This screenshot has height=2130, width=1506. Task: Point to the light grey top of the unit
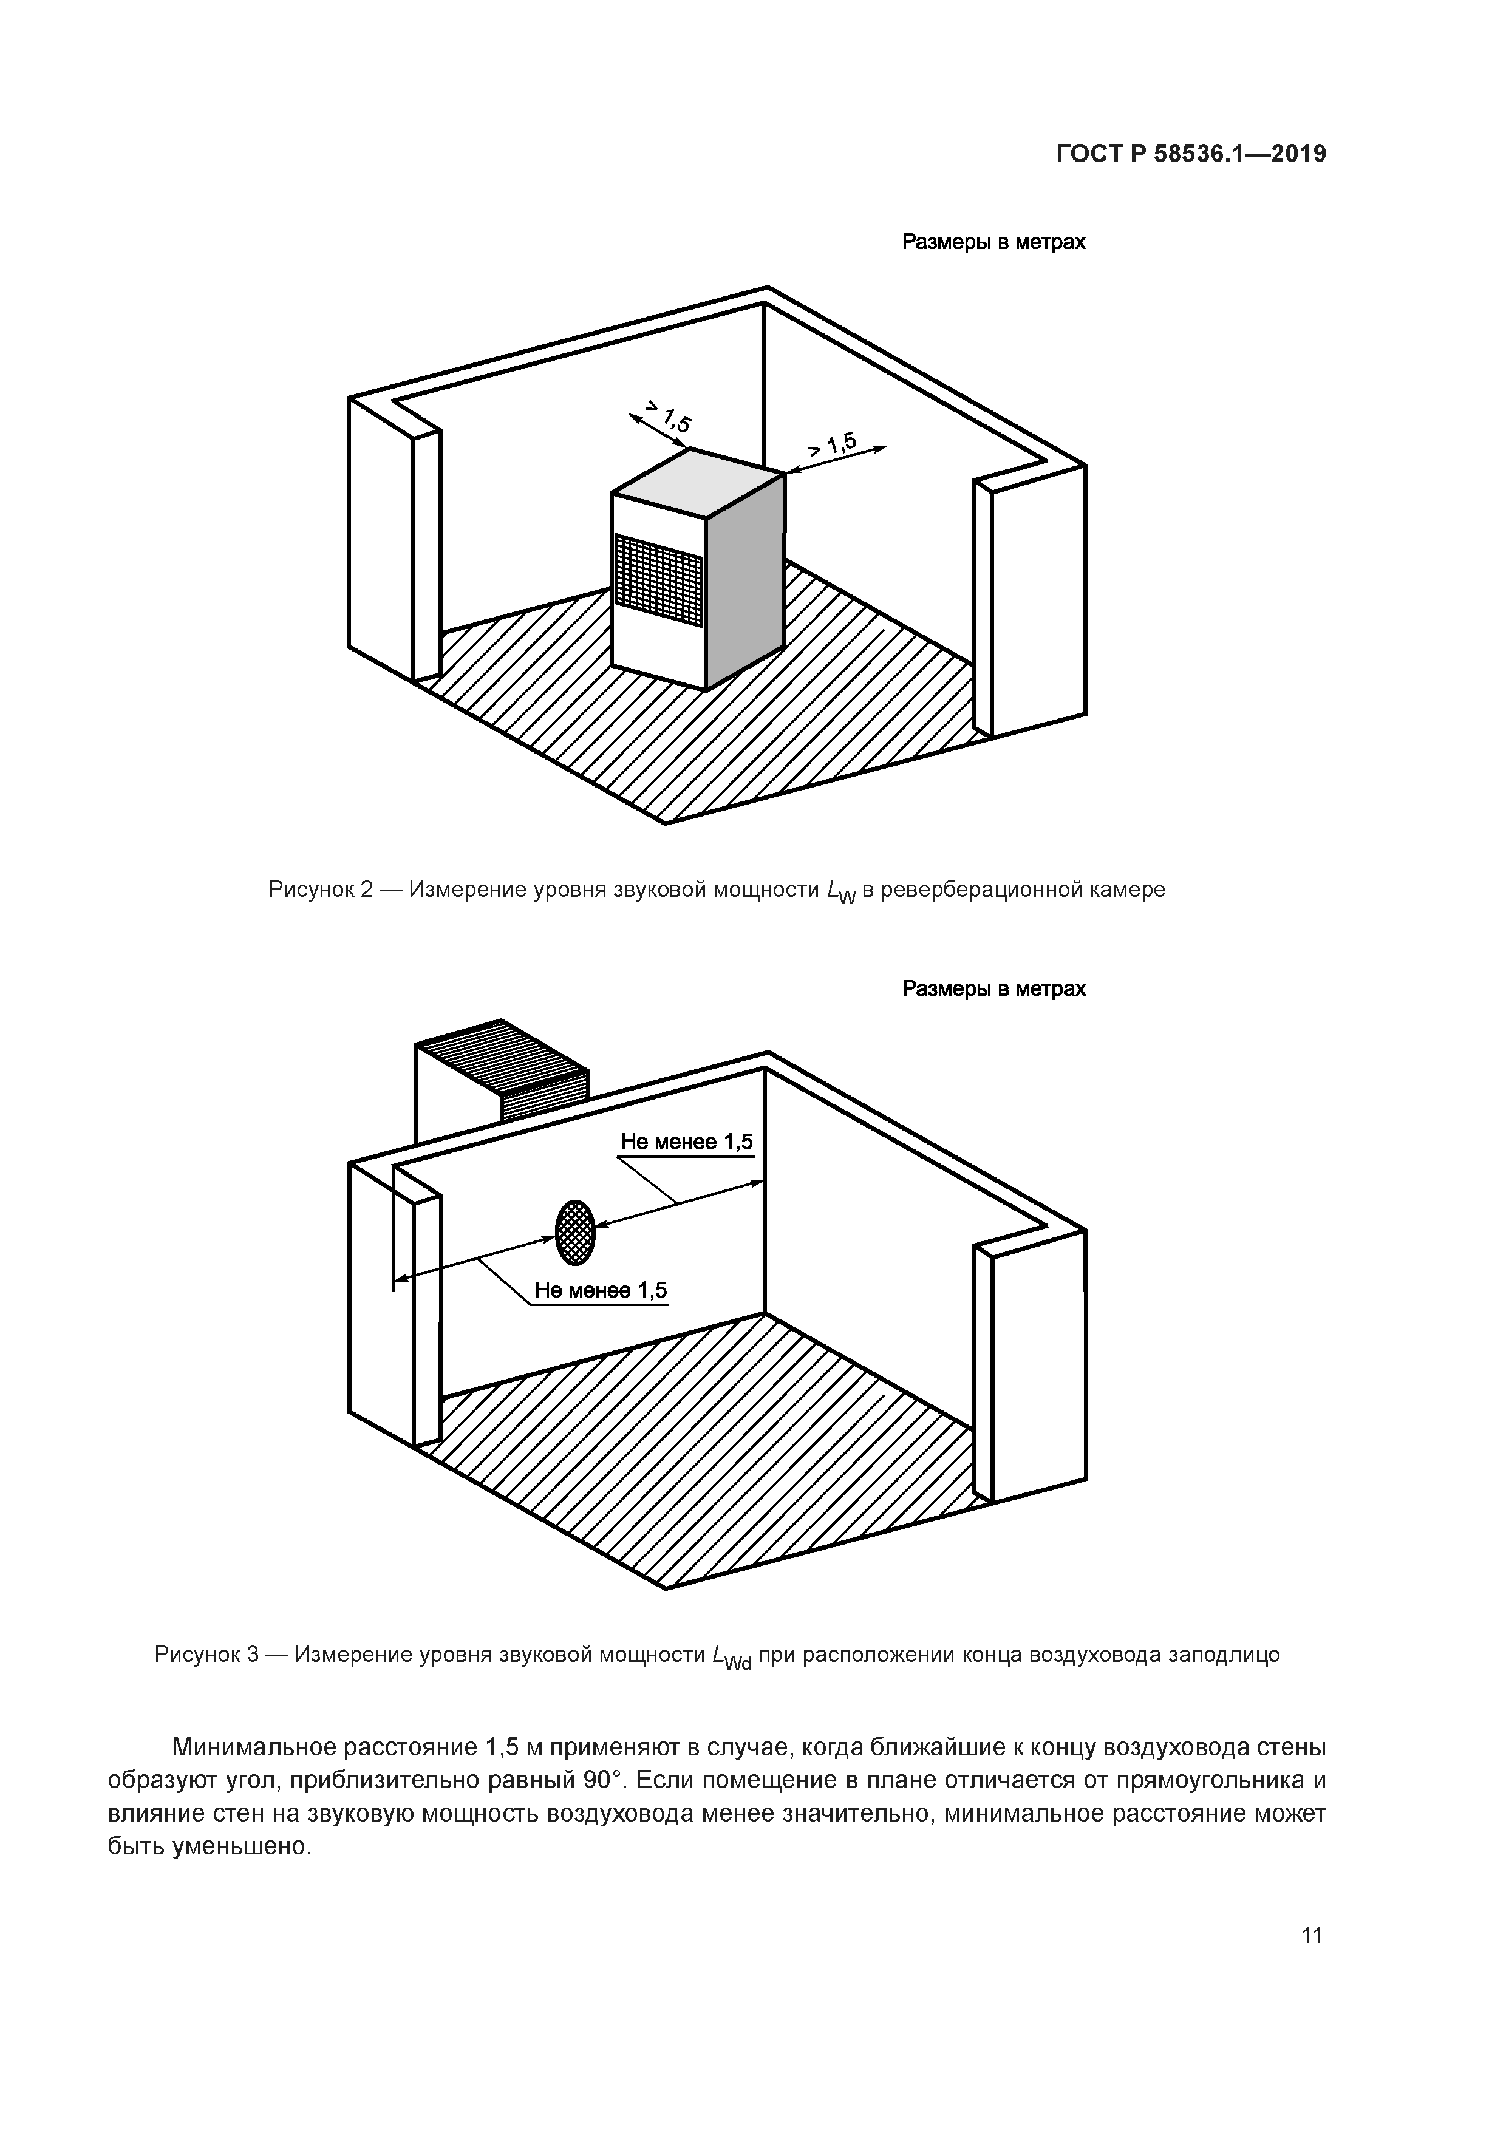point(698,482)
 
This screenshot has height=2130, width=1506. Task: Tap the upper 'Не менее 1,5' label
point(687,1142)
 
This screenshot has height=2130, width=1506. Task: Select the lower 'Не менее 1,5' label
point(601,1290)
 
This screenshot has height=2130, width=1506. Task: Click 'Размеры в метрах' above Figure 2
point(994,242)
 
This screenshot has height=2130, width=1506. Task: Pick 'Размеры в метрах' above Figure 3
point(994,989)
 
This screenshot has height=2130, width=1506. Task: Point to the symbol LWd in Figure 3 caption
point(731,1657)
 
